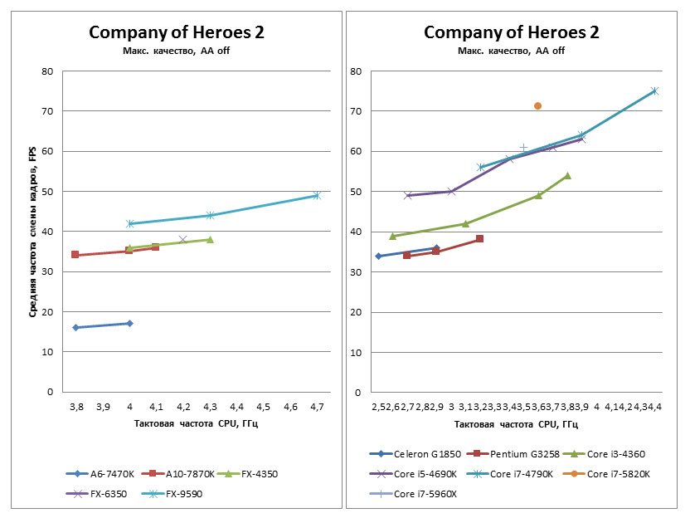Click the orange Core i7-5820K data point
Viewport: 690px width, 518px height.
pyautogui.click(x=537, y=105)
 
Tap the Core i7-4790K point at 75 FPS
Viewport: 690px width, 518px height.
pyautogui.click(x=654, y=90)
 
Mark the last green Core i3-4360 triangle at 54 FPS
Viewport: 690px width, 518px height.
pyautogui.click(x=567, y=175)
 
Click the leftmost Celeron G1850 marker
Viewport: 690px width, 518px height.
pyautogui.click(x=378, y=256)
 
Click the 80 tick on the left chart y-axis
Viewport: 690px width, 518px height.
pyautogui.click(x=47, y=71)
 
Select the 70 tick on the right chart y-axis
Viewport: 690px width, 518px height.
pyautogui.click(x=354, y=111)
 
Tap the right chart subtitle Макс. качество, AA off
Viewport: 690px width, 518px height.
pyautogui.click(x=512, y=51)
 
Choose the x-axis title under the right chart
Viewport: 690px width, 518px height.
pyautogui.click(x=512, y=424)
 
